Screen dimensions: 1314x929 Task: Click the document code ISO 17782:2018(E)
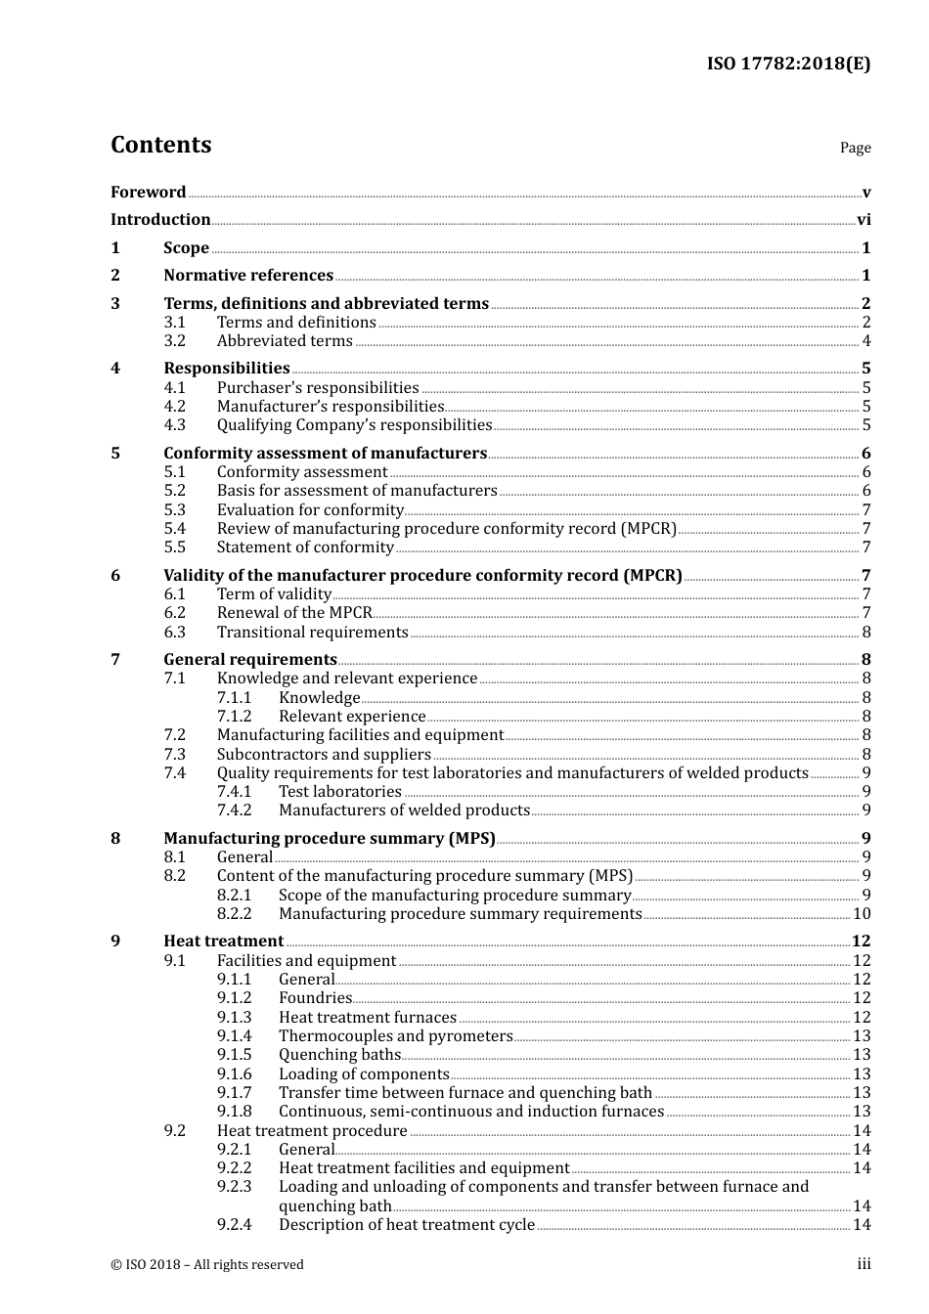coord(788,64)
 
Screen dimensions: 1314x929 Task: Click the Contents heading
coord(160,145)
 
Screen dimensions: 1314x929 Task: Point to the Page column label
coord(855,148)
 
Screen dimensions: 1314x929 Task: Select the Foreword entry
coord(148,193)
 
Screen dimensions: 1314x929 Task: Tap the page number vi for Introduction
coord(863,220)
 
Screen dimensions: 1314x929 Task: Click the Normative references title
coord(248,276)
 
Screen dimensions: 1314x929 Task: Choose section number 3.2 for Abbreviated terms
coord(175,341)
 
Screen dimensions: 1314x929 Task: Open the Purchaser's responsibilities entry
coord(318,388)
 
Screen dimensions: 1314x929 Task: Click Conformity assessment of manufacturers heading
coord(325,454)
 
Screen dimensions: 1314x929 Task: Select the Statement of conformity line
coord(305,547)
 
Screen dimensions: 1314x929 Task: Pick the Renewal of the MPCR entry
coord(294,613)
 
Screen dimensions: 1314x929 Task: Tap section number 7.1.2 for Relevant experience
coord(235,717)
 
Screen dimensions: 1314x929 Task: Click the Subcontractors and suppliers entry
coord(324,755)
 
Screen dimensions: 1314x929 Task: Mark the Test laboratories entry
coord(340,792)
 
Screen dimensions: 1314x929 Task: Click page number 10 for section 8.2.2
coord(862,914)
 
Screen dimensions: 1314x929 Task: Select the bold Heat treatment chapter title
coord(223,942)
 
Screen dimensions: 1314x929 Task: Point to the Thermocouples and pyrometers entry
coord(395,1036)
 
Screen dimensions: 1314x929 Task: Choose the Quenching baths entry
coord(339,1055)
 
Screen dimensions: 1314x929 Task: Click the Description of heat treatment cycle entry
coord(407,1225)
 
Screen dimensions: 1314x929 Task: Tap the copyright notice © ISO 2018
coord(207,1265)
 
